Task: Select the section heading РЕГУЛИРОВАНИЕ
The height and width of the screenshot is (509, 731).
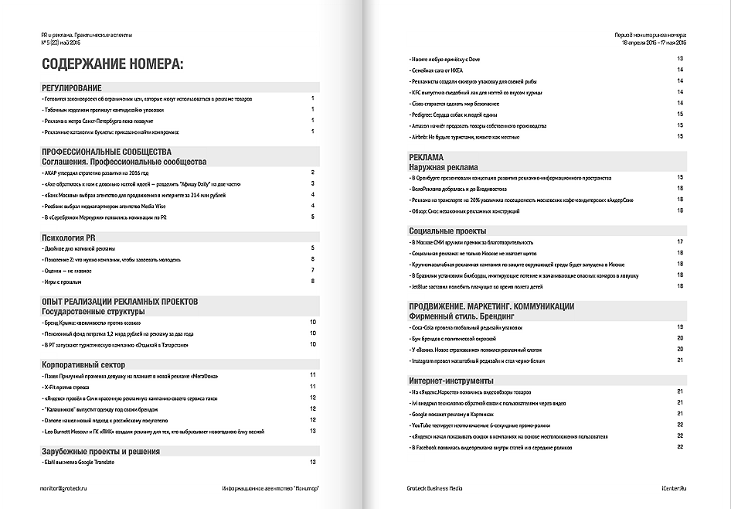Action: tap(72, 88)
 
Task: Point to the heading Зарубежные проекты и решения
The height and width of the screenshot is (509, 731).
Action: tap(100, 450)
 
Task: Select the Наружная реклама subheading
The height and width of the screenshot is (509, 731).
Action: tap(444, 167)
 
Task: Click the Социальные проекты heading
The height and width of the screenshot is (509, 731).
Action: tap(447, 231)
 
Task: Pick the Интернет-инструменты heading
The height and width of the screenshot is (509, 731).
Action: tap(452, 381)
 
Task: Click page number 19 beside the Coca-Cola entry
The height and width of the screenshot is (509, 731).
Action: tap(680, 327)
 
